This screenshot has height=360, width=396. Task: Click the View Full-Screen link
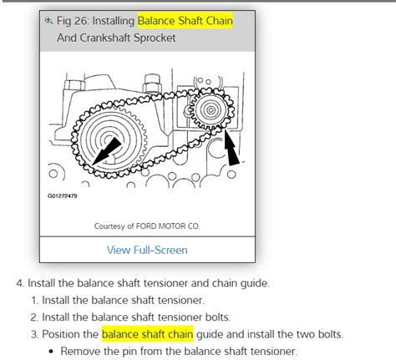(x=147, y=250)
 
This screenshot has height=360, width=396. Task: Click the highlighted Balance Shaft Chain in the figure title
(x=185, y=19)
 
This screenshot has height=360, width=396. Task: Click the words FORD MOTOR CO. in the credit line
(x=171, y=226)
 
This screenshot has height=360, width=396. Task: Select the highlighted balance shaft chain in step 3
(x=148, y=334)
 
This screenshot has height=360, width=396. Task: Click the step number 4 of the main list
(x=18, y=282)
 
